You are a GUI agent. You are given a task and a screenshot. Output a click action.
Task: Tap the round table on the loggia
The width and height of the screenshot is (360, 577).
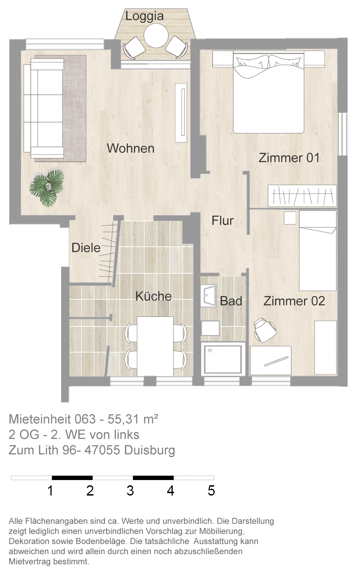coord(156,35)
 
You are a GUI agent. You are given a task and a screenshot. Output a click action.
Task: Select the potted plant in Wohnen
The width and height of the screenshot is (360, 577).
coord(47,187)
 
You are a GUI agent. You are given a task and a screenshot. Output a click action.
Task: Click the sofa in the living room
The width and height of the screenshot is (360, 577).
coord(44,109)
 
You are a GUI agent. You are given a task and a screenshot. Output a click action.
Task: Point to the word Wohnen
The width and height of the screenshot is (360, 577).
coord(131,148)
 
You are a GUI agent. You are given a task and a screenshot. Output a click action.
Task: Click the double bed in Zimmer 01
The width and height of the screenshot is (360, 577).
coord(269,92)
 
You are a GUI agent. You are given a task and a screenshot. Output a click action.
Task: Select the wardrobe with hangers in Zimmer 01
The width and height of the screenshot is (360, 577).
coord(302,196)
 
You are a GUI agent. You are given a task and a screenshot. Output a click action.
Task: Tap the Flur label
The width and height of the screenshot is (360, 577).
coord(223,221)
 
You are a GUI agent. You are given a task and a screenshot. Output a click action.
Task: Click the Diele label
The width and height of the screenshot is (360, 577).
coord(86,248)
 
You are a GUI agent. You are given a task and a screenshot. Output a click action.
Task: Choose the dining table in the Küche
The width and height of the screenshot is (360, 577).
coord(155,346)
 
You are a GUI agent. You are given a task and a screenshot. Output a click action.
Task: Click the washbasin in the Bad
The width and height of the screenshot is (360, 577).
coord(209,296)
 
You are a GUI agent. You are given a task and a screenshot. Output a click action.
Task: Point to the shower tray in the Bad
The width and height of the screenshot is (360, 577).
coord(223,359)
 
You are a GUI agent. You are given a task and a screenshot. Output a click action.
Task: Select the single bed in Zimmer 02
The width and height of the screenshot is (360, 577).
coord(318,251)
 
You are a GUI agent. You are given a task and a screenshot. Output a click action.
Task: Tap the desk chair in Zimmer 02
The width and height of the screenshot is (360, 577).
coord(265,330)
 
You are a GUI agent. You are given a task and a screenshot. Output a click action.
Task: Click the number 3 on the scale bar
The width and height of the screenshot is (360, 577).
coord(130,491)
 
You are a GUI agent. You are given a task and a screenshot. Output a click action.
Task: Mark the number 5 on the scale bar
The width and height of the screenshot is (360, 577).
coord(211,491)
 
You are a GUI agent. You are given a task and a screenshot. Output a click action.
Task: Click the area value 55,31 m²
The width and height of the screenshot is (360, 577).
coord(133,419)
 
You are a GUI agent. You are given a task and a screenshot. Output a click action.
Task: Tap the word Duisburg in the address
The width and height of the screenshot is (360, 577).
coord(149,450)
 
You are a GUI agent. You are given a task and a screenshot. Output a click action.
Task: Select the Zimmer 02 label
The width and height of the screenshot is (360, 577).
coord(294,301)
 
